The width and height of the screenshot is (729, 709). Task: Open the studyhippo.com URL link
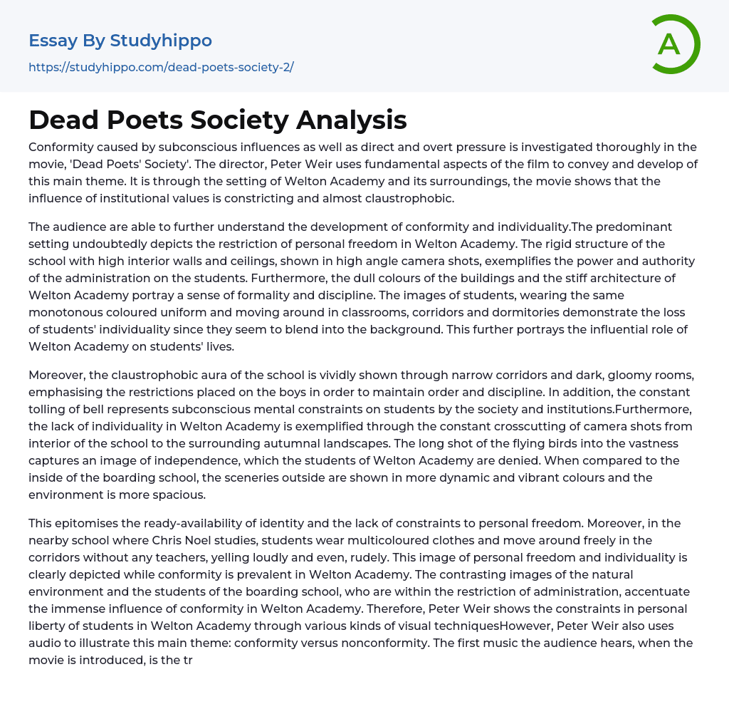click(x=161, y=67)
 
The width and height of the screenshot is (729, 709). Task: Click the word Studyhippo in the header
click(x=162, y=41)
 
